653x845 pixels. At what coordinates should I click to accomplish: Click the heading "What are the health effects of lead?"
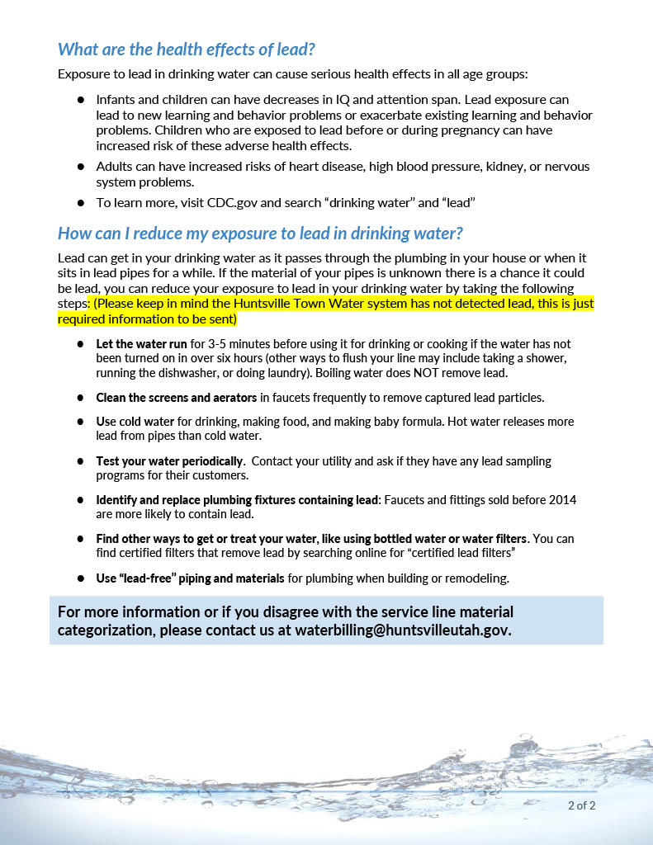pos(187,50)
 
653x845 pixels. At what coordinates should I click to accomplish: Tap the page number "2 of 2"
pos(581,805)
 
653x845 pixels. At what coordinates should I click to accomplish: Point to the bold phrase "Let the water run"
pos(142,343)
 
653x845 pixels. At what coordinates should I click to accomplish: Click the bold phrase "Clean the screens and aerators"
pos(177,398)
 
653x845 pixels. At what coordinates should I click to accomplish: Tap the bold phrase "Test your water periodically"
pos(169,461)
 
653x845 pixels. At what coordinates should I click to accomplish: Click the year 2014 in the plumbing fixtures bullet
pos(563,500)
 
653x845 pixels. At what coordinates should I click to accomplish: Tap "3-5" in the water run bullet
pos(221,343)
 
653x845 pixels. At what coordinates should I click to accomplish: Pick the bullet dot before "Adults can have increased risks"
pos(81,166)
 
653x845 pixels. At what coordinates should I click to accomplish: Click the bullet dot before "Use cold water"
pos(81,422)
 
